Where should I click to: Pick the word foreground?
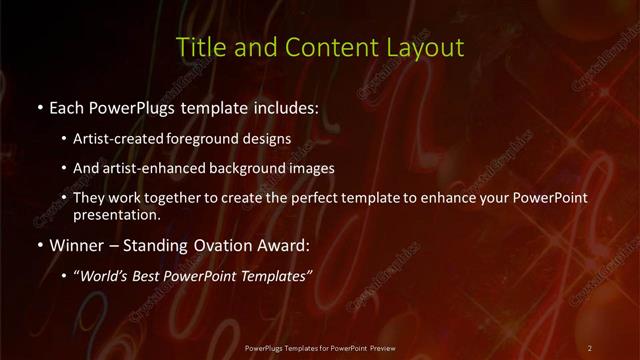(211, 139)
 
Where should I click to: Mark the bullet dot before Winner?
(39, 245)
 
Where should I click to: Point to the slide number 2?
(589, 347)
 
